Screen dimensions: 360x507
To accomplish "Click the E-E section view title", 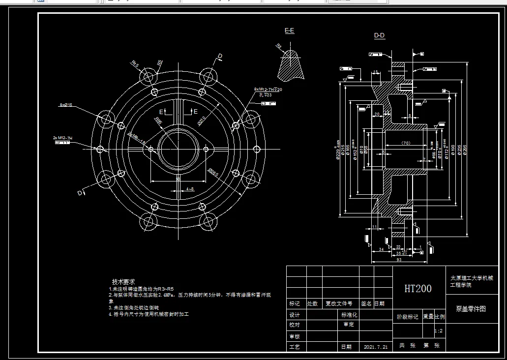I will (x=289, y=30).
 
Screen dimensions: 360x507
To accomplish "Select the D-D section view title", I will (x=379, y=35).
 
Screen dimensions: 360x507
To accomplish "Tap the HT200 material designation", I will (x=418, y=289).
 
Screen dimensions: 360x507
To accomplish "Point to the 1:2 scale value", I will (x=439, y=331).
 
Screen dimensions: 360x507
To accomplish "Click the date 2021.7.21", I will (x=376, y=347).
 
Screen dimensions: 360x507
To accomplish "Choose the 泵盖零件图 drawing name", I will (x=471, y=309).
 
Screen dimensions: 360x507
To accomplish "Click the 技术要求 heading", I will (x=123, y=281).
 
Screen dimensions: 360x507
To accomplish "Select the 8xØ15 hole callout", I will (x=66, y=105).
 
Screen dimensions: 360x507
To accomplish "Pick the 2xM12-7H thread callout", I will (x=62, y=138).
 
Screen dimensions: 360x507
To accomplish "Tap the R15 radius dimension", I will (x=135, y=63).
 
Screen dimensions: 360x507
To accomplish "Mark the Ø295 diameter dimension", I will (x=465, y=150).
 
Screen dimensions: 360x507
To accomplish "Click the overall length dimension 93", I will (x=398, y=259).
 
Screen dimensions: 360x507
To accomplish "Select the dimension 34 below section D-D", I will (x=381, y=249).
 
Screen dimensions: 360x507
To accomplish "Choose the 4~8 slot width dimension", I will (x=189, y=189).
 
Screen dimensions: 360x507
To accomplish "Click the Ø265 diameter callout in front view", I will (x=213, y=172).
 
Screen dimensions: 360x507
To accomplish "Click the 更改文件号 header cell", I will (x=339, y=304).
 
